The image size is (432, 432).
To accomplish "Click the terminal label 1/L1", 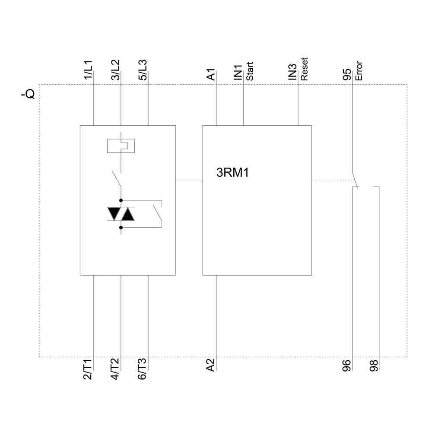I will click(x=88, y=70).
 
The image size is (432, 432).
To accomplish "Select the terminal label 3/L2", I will click(x=115, y=70).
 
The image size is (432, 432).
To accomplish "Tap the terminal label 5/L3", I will click(x=143, y=70).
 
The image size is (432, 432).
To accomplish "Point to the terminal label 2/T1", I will click(x=88, y=369).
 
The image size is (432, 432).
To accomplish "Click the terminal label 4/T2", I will click(x=115, y=369).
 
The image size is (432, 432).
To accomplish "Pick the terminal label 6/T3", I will click(x=143, y=369).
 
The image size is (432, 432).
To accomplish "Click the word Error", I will click(x=359, y=72).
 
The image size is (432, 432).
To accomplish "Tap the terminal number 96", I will click(x=347, y=366).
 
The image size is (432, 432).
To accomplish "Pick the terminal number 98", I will click(x=374, y=366).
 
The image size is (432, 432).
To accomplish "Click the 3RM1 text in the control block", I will click(x=233, y=173).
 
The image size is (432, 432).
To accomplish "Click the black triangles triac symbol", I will click(x=121, y=213).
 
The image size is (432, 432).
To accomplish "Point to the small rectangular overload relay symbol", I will click(x=121, y=146).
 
